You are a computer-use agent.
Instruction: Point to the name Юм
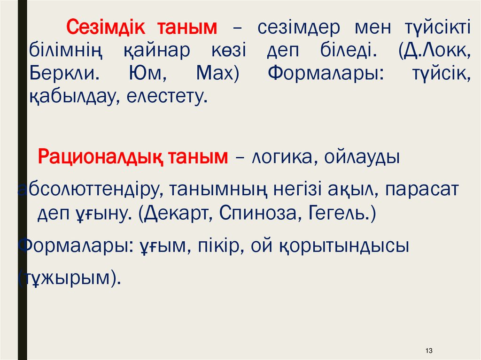pos(141,74)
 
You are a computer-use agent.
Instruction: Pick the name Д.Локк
pos(434,51)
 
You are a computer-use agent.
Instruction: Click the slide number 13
pos(428,351)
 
